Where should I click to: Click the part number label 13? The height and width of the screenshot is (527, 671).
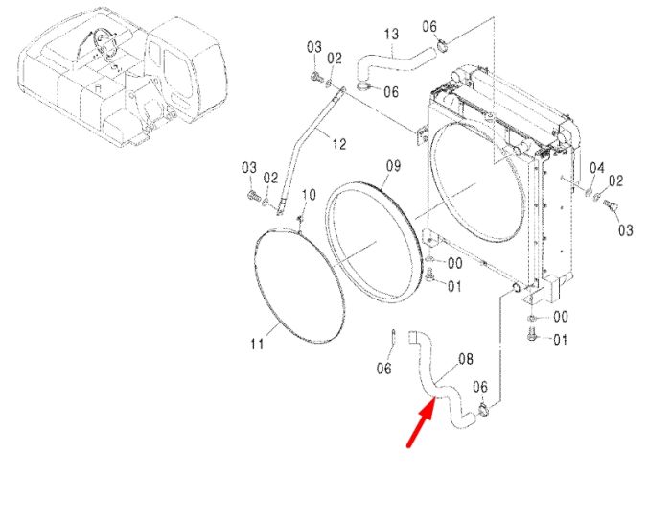[391, 34]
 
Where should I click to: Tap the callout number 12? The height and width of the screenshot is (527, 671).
[339, 144]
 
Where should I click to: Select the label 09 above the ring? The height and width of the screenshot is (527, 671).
[393, 165]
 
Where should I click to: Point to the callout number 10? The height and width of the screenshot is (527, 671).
[309, 195]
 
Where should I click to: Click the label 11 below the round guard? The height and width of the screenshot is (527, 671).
[257, 344]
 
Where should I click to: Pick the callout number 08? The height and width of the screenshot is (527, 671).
[466, 359]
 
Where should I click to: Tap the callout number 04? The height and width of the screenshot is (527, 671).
[597, 168]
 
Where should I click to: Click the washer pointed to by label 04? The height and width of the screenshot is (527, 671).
[588, 192]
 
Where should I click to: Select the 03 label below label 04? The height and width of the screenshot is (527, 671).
[625, 230]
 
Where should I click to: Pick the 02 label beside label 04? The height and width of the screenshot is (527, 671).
[615, 180]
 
